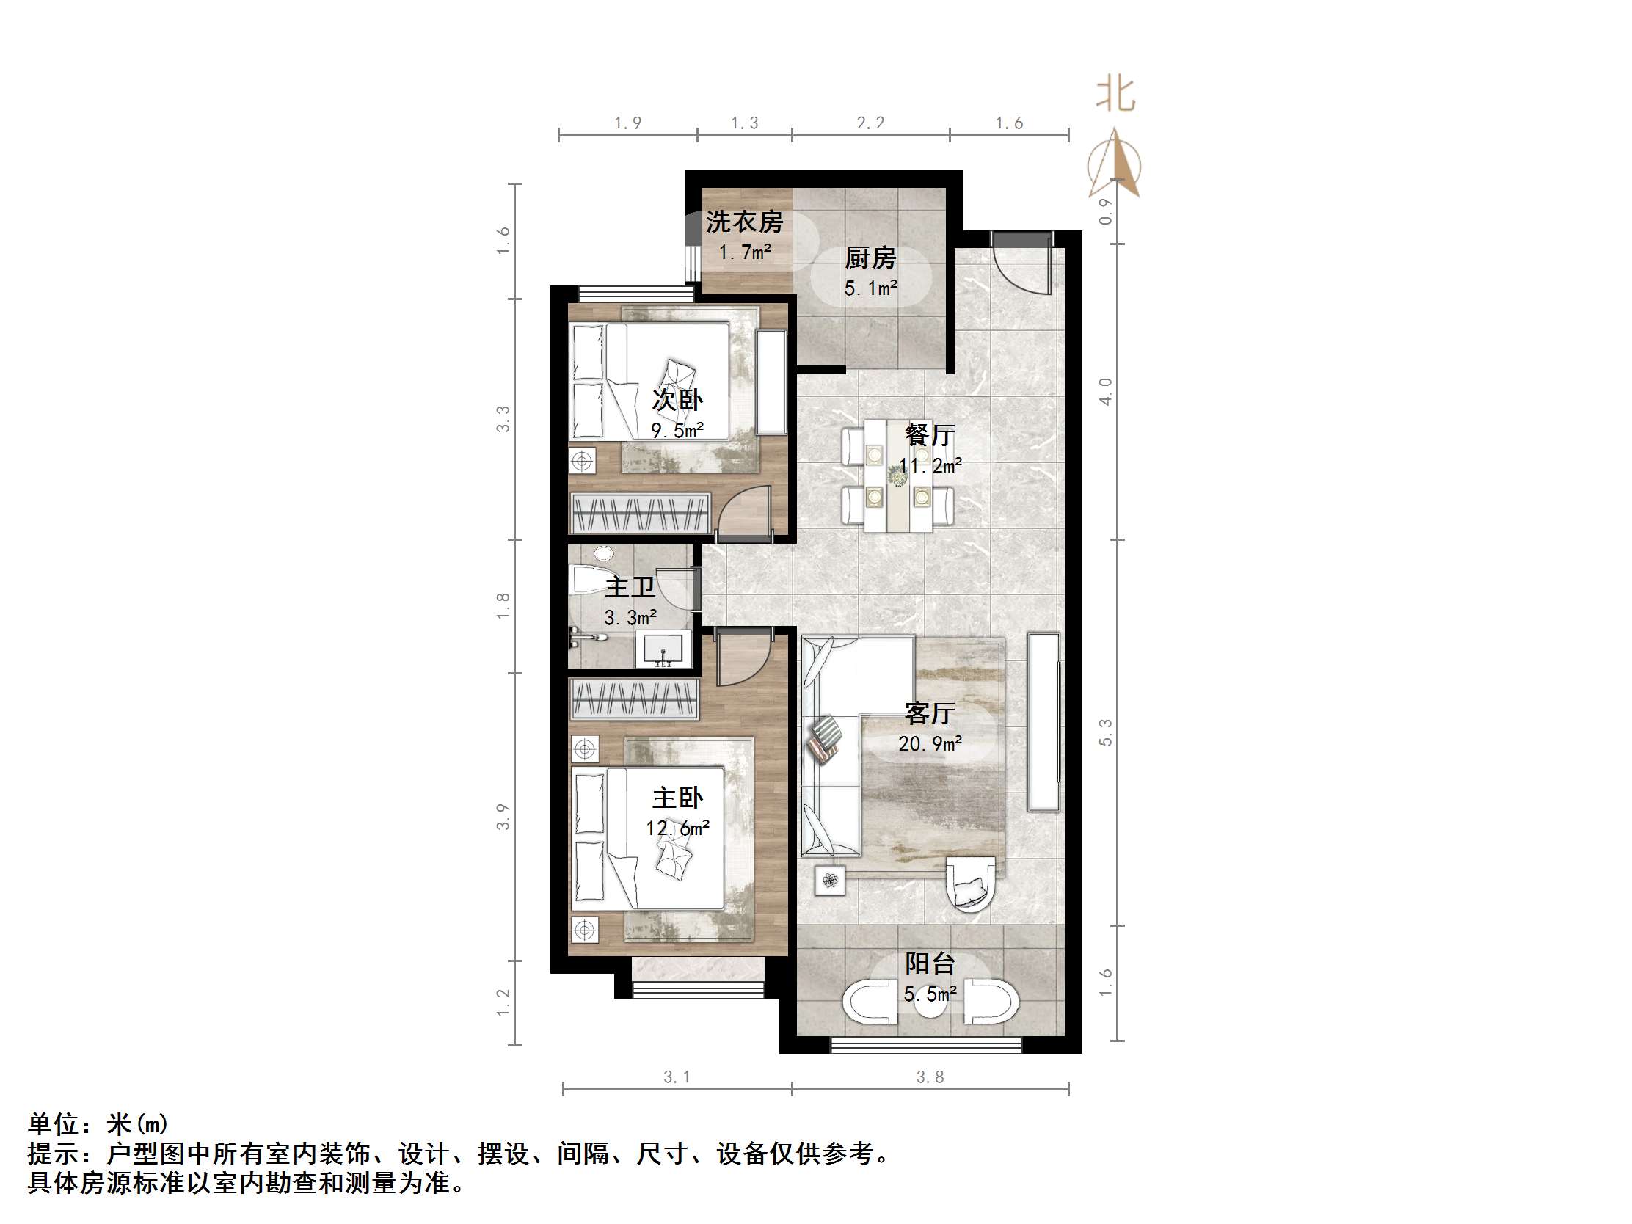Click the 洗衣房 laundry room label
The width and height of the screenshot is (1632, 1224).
click(743, 222)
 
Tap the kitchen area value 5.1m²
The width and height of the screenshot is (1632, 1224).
click(870, 288)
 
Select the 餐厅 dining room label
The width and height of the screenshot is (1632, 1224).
click(930, 434)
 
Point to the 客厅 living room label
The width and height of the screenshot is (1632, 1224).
click(930, 713)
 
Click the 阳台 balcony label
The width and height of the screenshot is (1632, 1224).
click(930, 963)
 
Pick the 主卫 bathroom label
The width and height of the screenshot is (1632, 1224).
click(630, 587)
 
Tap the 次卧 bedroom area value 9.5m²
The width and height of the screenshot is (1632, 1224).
click(677, 430)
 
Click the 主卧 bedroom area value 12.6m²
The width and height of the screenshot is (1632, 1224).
click(677, 828)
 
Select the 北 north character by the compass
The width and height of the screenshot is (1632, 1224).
click(1115, 95)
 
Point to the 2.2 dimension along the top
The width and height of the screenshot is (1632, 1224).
click(870, 123)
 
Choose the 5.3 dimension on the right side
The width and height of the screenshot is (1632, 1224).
click(1105, 732)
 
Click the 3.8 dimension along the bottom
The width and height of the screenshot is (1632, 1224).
click(930, 1077)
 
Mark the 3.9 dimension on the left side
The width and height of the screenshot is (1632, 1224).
click(503, 817)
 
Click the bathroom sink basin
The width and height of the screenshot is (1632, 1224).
click(663, 649)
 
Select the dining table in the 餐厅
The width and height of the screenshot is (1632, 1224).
click(898, 476)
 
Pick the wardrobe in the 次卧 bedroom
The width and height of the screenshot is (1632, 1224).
click(641, 513)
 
